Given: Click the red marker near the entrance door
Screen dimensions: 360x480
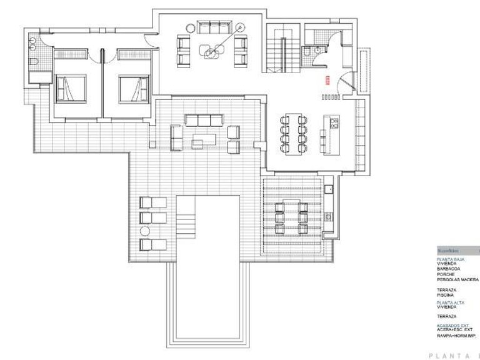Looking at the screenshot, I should (x=326, y=79).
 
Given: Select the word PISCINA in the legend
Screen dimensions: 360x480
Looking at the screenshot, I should (x=447, y=296).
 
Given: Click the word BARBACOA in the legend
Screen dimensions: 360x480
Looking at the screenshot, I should (x=449, y=269).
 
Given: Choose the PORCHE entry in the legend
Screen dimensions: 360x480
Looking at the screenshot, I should (x=447, y=274).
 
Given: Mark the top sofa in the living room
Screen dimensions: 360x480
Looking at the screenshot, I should (x=213, y=27).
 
